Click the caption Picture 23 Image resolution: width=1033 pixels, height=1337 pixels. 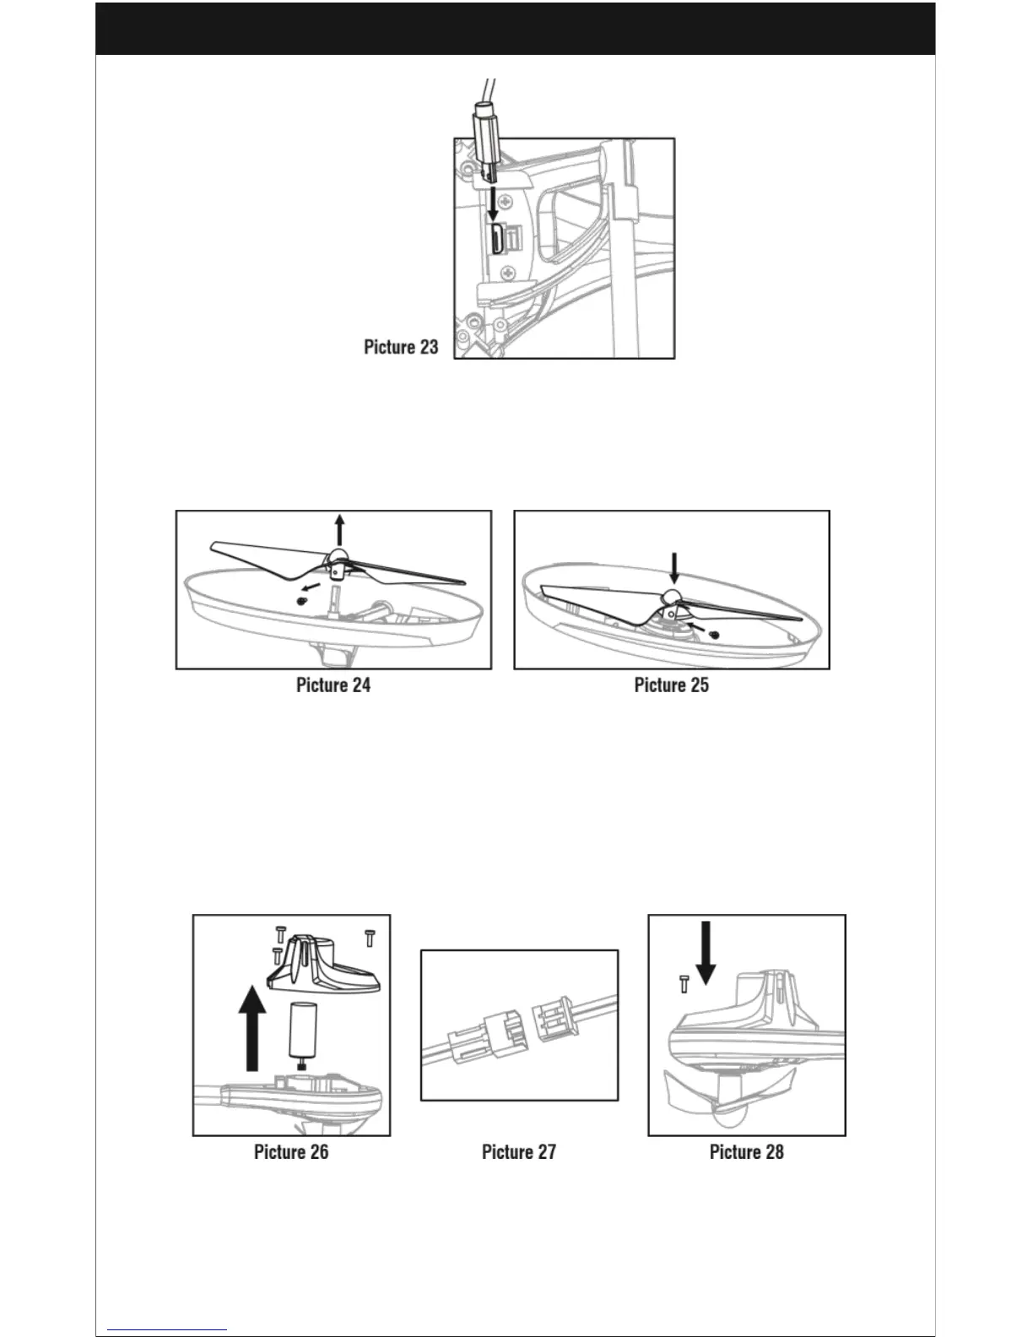pos(401,347)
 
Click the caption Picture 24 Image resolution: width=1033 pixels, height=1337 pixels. pos(333,685)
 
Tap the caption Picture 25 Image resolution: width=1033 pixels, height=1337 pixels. pos(671,685)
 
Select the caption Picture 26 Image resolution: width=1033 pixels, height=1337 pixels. pos(291,1152)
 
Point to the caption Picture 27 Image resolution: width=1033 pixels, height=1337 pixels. pos(519,1152)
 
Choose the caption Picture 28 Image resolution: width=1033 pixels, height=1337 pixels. pos(747,1152)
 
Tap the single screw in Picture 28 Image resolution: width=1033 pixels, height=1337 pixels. pos(684,982)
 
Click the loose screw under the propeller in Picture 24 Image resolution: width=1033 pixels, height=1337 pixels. pos(301,600)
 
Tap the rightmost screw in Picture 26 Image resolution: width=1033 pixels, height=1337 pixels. pos(369,937)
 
